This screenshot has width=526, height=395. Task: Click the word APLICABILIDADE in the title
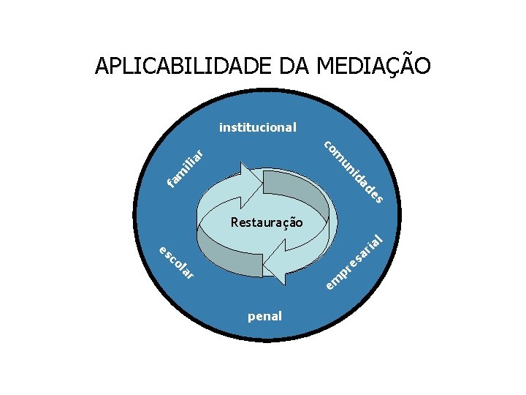184,67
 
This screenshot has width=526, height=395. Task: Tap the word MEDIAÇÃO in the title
373,67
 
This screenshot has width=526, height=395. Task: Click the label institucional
258,127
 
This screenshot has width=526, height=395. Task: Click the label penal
264,317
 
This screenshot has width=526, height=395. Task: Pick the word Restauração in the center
266,222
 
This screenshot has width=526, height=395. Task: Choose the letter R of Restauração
234,222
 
